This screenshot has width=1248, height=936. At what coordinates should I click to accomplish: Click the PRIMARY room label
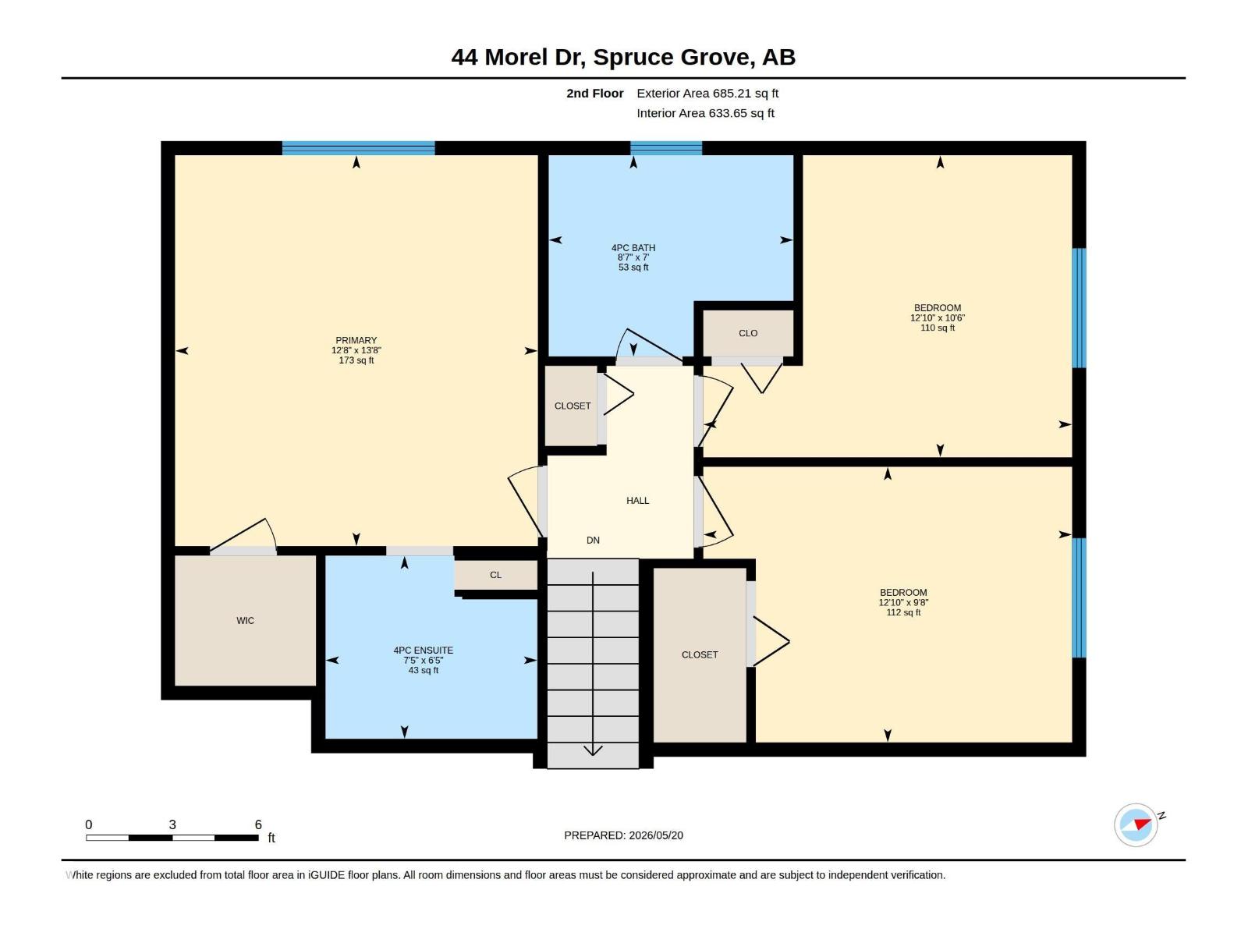click(356, 340)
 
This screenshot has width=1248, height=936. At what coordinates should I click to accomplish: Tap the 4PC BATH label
click(633, 248)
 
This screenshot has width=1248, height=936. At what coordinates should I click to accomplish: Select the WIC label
click(245, 621)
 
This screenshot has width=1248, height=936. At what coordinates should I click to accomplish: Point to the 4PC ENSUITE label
click(423, 651)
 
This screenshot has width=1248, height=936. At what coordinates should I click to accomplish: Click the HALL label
click(637, 501)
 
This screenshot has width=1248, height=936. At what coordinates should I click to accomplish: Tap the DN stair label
click(593, 541)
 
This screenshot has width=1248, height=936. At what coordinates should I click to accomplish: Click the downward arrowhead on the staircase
click(593, 750)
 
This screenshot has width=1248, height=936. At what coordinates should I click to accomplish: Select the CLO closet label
click(748, 333)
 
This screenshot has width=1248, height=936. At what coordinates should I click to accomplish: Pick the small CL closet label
click(496, 575)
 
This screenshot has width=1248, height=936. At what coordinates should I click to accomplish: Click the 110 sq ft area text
click(938, 328)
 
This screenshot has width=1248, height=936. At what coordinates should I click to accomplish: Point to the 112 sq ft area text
click(903, 612)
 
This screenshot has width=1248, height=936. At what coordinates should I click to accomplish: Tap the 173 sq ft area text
click(356, 360)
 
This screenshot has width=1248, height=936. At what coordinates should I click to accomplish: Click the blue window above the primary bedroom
click(359, 147)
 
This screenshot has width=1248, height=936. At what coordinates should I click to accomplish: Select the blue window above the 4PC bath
click(666, 147)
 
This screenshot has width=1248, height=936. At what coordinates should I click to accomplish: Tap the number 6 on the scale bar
click(258, 824)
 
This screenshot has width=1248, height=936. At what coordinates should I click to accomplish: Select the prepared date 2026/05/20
click(656, 835)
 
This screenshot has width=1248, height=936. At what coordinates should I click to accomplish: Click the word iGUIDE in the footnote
click(327, 875)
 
